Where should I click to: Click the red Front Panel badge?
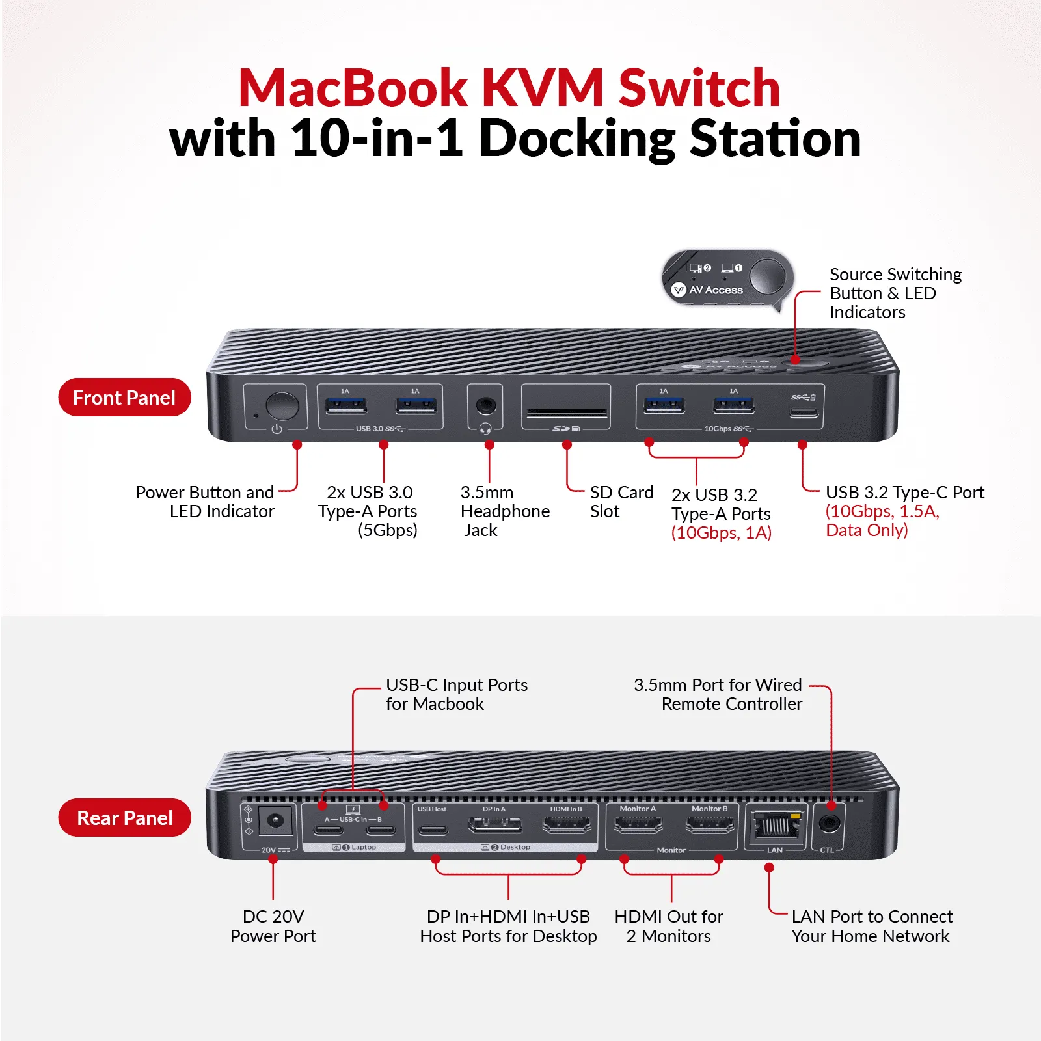[x=124, y=398]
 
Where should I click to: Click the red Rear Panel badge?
[x=124, y=818]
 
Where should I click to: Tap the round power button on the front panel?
[x=282, y=405]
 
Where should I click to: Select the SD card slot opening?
[x=566, y=412]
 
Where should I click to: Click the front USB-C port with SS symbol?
[x=804, y=412]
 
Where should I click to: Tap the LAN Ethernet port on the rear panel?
[x=775, y=825]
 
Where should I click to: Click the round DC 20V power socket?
[x=275, y=820]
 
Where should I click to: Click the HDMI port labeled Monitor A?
[x=638, y=826]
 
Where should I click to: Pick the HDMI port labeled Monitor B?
[x=709, y=826]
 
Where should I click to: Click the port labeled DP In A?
[x=494, y=826]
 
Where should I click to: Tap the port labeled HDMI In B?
[x=566, y=826]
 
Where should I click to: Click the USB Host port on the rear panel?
[x=433, y=830]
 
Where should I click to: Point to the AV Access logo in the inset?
[x=707, y=290]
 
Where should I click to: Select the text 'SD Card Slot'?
[x=621, y=502]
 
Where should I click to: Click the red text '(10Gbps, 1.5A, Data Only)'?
[x=882, y=520]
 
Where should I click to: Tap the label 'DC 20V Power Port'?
[x=273, y=926]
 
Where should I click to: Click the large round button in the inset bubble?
[x=768, y=276]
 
